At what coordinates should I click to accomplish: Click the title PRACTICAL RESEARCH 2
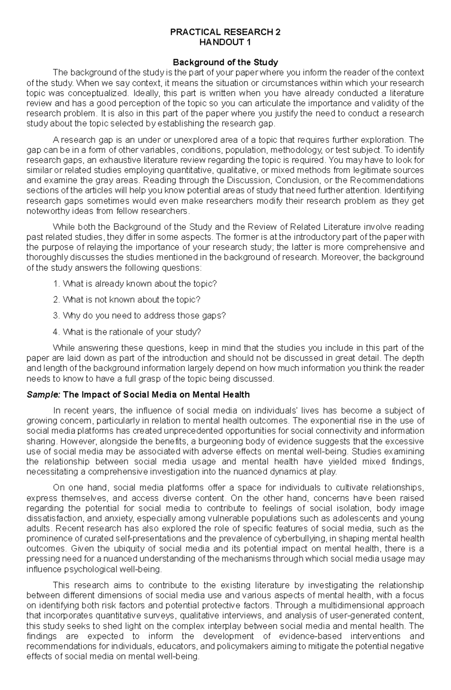point(225,32)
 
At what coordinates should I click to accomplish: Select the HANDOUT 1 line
point(225,42)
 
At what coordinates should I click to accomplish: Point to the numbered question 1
point(135,284)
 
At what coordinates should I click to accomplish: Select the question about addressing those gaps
point(139,315)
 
